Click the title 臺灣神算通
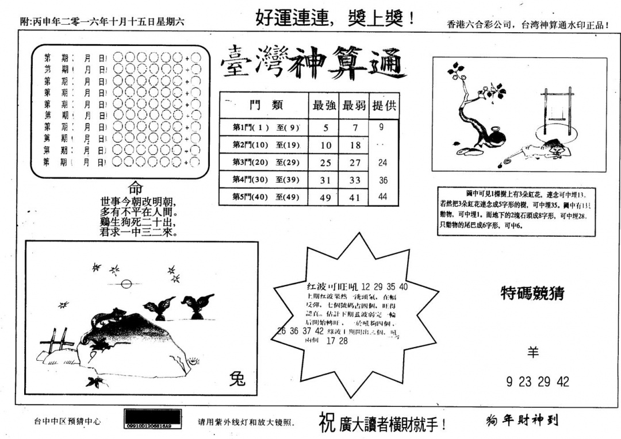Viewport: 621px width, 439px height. [x=313, y=63]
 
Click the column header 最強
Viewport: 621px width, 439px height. [x=324, y=106]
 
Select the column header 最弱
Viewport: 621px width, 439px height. [x=354, y=106]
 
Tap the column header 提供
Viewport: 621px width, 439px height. [x=384, y=106]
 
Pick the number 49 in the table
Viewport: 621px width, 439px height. [x=325, y=197]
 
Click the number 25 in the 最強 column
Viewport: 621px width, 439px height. [x=325, y=163]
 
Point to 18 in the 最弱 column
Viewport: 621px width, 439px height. [x=355, y=145]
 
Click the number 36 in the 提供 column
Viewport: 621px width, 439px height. [x=383, y=180]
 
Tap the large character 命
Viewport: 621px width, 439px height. [x=135, y=188]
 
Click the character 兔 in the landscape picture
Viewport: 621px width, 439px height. [x=237, y=379]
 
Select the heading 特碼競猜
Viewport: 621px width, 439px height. [x=532, y=293]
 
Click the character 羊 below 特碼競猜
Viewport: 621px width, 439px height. [x=533, y=352]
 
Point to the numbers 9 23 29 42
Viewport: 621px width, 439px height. [x=538, y=382]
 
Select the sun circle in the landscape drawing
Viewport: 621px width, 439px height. [x=127, y=283]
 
